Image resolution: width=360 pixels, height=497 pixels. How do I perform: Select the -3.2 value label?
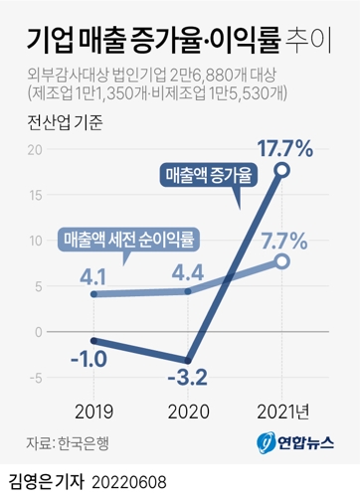click(186, 378)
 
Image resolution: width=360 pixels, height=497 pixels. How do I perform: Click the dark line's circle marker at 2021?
click(281, 172)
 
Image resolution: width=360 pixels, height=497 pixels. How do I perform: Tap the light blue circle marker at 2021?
click(281, 261)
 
